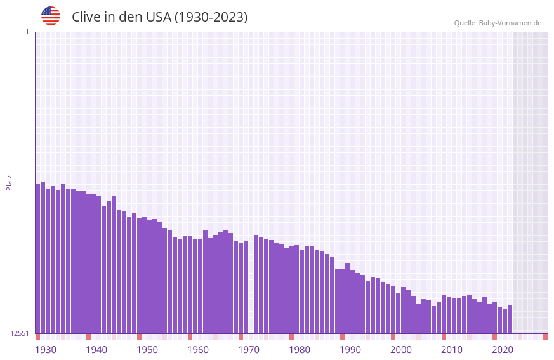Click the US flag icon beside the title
click(x=51, y=16)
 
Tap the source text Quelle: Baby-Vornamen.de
click(x=498, y=23)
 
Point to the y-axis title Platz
click(x=9, y=182)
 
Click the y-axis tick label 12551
click(x=20, y=333)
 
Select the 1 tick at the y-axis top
click(x=27, y=32)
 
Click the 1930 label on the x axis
click(x=46, y=350)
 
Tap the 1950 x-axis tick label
click(x=147, y=350)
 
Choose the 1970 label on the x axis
click(x=249, y=350)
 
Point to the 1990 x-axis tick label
click(x=350, y=350)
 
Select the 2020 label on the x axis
click(x=503, y=350)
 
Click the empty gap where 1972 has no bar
click(x=251, y=286)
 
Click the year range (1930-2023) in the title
click(x=211, y=17)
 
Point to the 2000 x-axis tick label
click(x=401, y=350)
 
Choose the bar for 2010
click(x=444, y=314)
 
